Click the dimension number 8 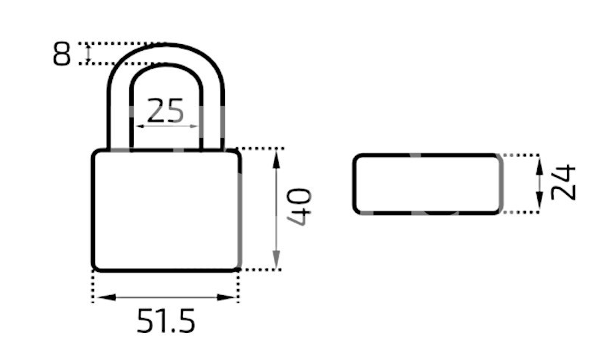62,54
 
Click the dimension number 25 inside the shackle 165,111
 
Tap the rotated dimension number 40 300,207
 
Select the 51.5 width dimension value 166,320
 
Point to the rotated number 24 563,182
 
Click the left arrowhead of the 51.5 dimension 106,297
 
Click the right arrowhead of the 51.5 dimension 226,297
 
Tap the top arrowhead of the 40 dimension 276,160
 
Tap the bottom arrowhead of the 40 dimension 276,260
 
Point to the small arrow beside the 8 88,54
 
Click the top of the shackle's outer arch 166,46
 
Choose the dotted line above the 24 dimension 521,155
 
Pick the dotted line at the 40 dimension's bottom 259,270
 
